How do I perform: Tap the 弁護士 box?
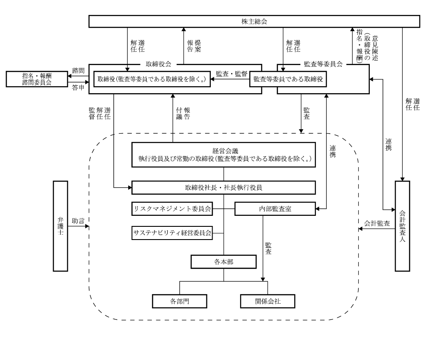(61, 226)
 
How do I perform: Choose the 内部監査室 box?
(275, 209)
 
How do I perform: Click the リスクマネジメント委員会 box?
(172, 209)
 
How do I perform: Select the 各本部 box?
(224, 262)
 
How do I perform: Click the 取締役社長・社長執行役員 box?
(224, 188)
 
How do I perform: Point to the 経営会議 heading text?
(224, 150)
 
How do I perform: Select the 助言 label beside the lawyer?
(79, 220)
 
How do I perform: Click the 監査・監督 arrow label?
(231, 74)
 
